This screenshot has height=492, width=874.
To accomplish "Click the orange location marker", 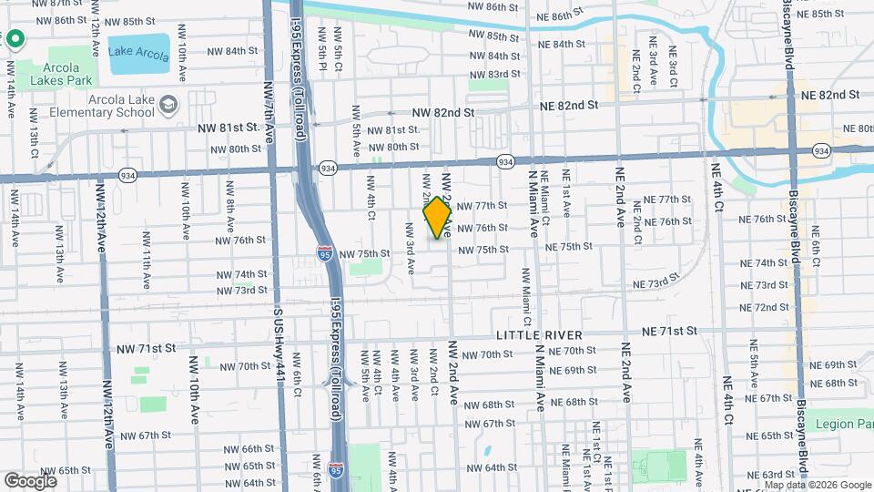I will coord(438,218).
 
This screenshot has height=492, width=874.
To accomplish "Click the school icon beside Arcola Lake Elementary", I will coord(168,106).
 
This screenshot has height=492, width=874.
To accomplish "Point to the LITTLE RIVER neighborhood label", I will coord(540,335).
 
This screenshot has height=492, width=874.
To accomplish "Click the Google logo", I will coord(30,480).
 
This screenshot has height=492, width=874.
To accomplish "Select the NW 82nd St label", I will coord(443,113).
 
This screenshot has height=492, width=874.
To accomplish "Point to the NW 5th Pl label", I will coord(323,47).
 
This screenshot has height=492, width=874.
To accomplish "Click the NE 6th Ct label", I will coord(817,243).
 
